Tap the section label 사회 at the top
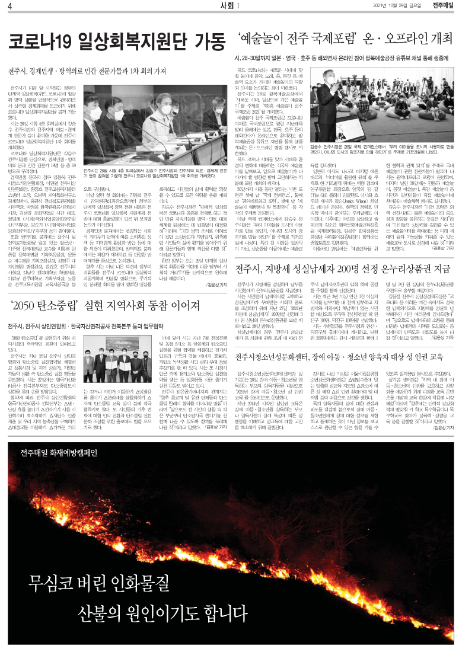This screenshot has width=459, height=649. click(x=224, y=6)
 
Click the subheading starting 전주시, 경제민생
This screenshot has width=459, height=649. click(x=87, y=71)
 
